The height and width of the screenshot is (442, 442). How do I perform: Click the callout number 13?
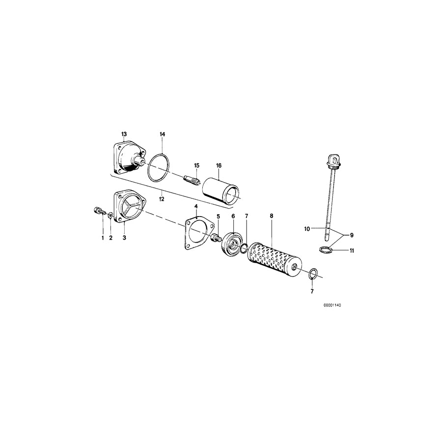(x=124, y=134)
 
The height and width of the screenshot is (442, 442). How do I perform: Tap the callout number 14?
(x=163, y=134)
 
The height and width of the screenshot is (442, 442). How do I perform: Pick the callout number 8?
(x=271, y=216)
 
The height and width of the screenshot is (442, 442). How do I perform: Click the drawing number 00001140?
(x=332, y=305)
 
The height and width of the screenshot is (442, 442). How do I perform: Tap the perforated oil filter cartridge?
(x=273, y=260)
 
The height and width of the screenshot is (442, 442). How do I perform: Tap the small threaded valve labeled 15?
(x=190, y=180)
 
